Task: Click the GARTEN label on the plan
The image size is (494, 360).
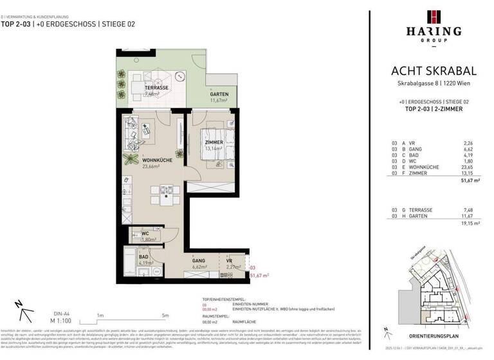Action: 219,94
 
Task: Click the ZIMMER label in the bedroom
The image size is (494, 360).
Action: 214,142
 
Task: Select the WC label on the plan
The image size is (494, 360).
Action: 145,234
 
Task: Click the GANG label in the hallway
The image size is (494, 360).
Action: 199,260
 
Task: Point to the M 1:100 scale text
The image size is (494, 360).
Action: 39,320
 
